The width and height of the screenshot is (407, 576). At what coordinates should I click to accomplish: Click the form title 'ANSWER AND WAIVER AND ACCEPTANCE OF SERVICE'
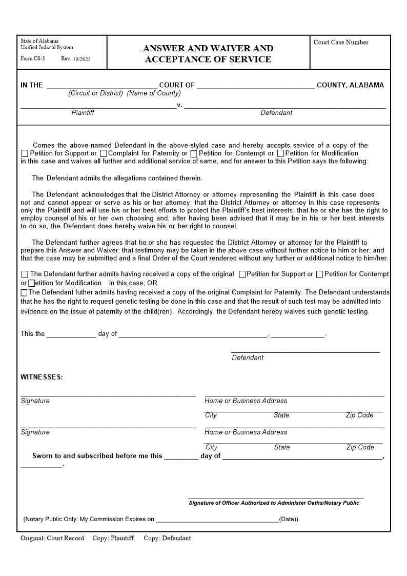point(208,53)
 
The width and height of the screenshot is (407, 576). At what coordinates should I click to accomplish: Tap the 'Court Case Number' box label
point(340,43)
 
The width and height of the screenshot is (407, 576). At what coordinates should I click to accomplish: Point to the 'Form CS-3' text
point(32,58)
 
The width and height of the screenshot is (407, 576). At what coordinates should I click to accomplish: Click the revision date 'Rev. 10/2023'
point(75,58)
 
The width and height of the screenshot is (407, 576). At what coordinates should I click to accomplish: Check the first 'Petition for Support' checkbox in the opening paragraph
point(25,153)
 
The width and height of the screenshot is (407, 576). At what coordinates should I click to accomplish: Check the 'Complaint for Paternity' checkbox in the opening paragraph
point(104,153)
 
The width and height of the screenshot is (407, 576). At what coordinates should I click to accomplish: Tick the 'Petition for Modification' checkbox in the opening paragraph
point(280,153)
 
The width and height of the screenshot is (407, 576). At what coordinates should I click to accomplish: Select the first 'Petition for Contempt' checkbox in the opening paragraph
point(194,153)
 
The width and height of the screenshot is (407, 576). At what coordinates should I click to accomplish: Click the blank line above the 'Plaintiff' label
point(98,107)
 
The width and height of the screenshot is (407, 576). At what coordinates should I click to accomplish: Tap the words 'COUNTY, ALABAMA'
point(350,85)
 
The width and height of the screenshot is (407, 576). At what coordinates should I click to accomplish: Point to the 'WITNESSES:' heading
point(42,377)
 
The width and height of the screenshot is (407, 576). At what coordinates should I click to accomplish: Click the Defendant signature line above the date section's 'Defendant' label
point(306,351)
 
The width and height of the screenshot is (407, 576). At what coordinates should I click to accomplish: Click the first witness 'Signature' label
point(35,401)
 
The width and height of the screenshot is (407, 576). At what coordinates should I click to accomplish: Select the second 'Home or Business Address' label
point(246,432)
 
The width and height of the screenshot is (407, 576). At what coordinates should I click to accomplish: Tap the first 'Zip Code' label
point(359,415)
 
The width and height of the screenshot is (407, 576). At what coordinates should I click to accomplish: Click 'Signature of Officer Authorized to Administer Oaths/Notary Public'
point(274,503)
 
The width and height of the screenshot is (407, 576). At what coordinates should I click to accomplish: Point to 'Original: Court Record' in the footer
point(52,538)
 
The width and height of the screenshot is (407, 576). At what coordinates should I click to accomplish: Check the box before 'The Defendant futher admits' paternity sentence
point(24,292)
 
